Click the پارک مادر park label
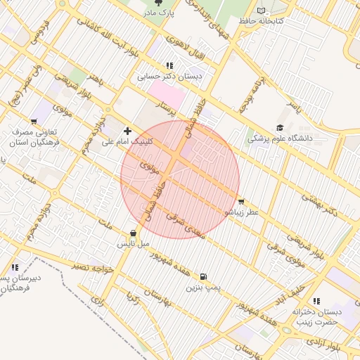[160, 13]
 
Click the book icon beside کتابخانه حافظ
[262, 11]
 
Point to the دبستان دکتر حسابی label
[169, 76]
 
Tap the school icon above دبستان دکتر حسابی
[169, 65]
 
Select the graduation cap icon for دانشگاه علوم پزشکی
[280, 128]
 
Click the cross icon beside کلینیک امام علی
[127, 131]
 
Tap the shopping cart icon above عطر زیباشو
[241, 201]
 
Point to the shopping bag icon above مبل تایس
[134, 233]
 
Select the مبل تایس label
[134, 244]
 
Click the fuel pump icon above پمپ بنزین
[203, 277]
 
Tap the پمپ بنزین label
[203, 288]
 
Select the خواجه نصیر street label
[93, 266]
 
